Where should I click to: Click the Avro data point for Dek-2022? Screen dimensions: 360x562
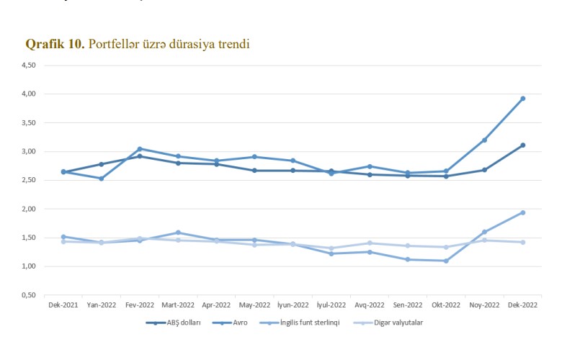point(522,99)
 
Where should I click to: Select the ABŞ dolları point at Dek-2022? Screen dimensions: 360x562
point(522,145)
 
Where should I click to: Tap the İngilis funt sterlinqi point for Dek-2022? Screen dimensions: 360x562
point(522,212)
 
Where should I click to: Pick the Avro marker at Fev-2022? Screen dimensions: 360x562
point(140,149)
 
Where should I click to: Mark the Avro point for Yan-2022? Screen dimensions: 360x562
point(102,179)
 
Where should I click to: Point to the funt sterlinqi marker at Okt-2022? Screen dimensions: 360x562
point(446,261)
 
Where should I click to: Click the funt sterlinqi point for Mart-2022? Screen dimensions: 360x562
point(178,233)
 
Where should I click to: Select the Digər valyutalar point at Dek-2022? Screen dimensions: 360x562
point(522,242)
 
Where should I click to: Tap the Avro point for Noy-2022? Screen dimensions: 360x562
point(484,140)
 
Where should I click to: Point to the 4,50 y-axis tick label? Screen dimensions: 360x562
point(29,65)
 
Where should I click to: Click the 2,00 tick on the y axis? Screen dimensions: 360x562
point(29,209)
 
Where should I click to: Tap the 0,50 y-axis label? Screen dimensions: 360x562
point(29,295)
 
